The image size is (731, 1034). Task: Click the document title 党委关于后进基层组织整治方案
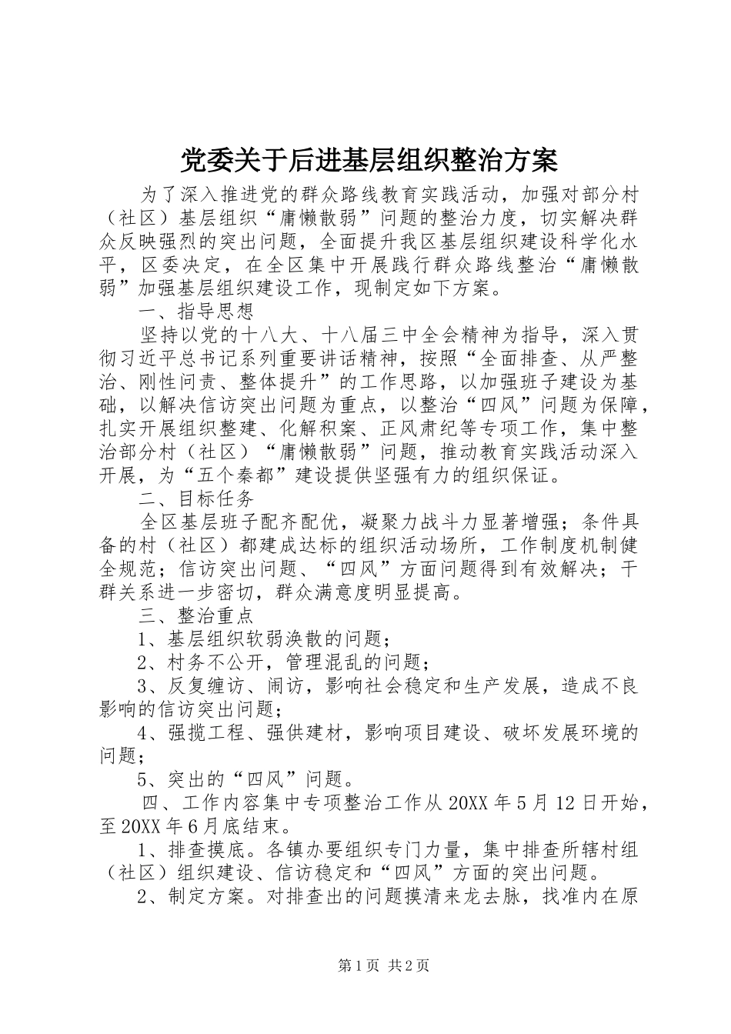(x=368, y=161)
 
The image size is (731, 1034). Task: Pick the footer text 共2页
(x=409, y=966)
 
